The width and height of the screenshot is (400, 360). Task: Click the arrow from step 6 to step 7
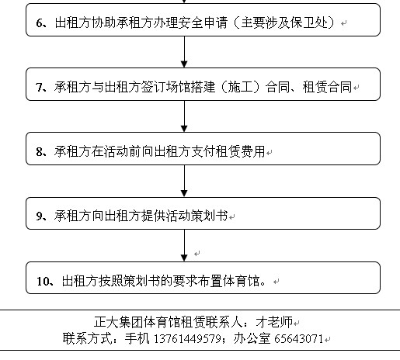184,52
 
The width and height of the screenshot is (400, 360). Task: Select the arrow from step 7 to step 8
184,116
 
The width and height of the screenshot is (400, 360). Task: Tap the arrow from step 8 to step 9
184,181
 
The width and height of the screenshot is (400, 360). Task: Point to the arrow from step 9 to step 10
184,245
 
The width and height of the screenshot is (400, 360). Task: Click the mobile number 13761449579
187,339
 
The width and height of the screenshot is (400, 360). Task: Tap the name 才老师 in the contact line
274,322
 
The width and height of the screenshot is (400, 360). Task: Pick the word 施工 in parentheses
240,87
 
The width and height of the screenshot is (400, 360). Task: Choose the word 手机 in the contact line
137,338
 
